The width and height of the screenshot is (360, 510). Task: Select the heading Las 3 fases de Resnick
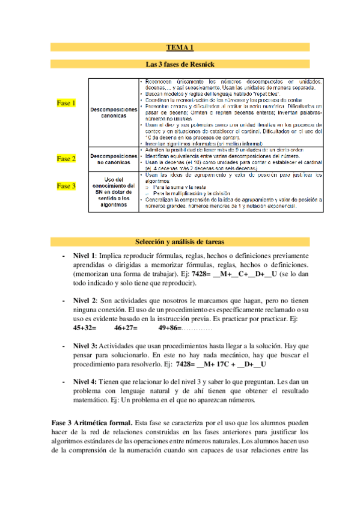click(x=180, y=63)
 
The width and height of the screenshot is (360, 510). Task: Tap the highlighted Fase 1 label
click(x=66, y=103)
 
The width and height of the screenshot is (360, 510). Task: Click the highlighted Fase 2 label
click(x=66, y=159)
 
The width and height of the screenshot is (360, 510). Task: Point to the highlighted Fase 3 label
click(x=66, y=186)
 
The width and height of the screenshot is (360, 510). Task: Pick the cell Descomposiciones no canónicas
click(x=114, y=159)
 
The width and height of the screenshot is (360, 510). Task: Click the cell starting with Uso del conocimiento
click(x=114, y=191)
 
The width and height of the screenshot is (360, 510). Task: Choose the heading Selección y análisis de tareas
click(x=180, y=241)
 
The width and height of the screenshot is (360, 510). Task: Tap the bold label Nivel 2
click(x=85, y=300)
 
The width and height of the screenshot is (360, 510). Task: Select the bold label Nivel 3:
click(x=85, y=346)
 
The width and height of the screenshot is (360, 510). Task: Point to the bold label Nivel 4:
click(x=85, y=382)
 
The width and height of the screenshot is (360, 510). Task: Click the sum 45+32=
click(x=85, y=328)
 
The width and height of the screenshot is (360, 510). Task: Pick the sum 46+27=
click(x=126, y=328)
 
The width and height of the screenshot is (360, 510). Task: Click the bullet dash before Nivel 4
click(x=64, y=382)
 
